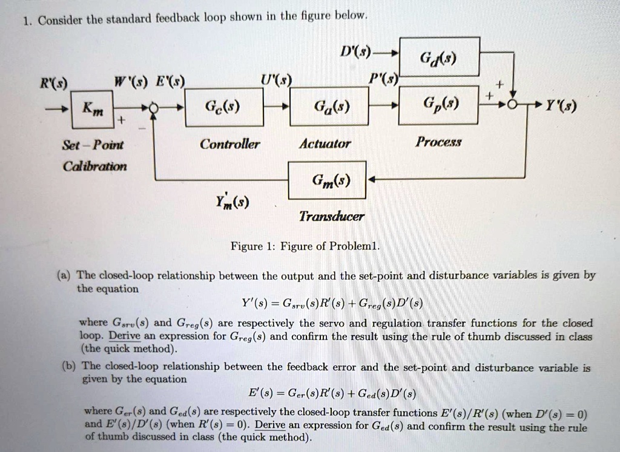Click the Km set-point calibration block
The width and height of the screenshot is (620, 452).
pyautogui.click(x=88, y=109)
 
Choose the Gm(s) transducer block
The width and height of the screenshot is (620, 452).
pyautogui.click(x=327, y=180)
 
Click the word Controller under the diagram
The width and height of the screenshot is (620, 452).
pyautogui.click(x=230, y=144)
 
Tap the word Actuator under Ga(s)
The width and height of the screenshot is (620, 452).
pyautogui.click(x=325, y=144)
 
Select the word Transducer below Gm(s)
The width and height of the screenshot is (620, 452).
pyautogui.click(x=331, y=216)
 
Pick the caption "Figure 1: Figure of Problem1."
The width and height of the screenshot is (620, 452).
pyautogui.click(x=305, y=246)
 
